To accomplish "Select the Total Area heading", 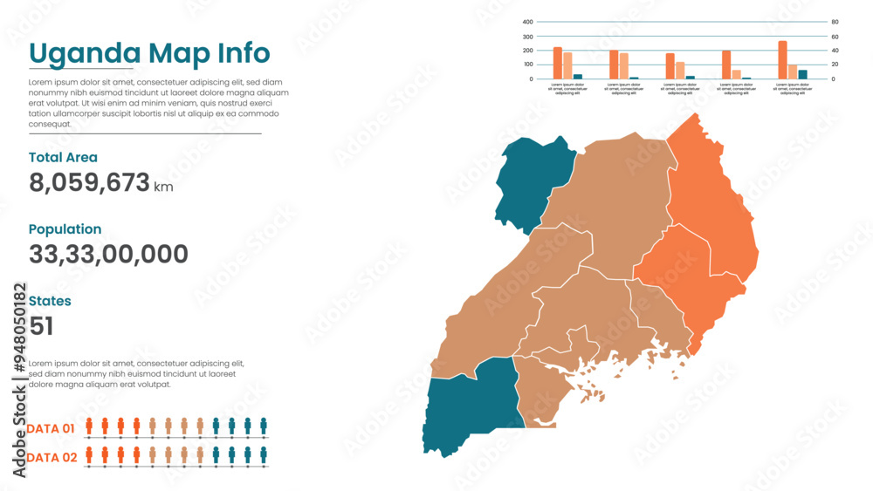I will click(63, 158).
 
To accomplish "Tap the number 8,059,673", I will click(89, 183).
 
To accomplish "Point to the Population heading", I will click(65, 229).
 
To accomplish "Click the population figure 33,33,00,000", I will click(108, 255).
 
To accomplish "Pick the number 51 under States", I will click(41, 326).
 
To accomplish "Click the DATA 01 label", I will click(51, 428).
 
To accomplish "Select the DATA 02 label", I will click(51, 457).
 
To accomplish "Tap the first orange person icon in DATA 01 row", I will click(89, 426).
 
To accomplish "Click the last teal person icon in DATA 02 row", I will click(264, 454).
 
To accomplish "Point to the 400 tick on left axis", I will click(527, 22).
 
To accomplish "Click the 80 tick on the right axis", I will click(835, 22).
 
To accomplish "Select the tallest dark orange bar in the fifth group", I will click(782, 60).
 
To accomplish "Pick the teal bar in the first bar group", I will click(578, 76).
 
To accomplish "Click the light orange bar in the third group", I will click(680, 70).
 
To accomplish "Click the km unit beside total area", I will click(163, 187).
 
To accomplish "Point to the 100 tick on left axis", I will click(527, 65).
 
